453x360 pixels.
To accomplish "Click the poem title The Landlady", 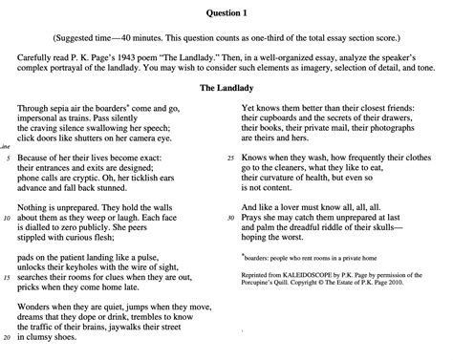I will coord(226,88).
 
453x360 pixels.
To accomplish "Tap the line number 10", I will coord(8,218).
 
